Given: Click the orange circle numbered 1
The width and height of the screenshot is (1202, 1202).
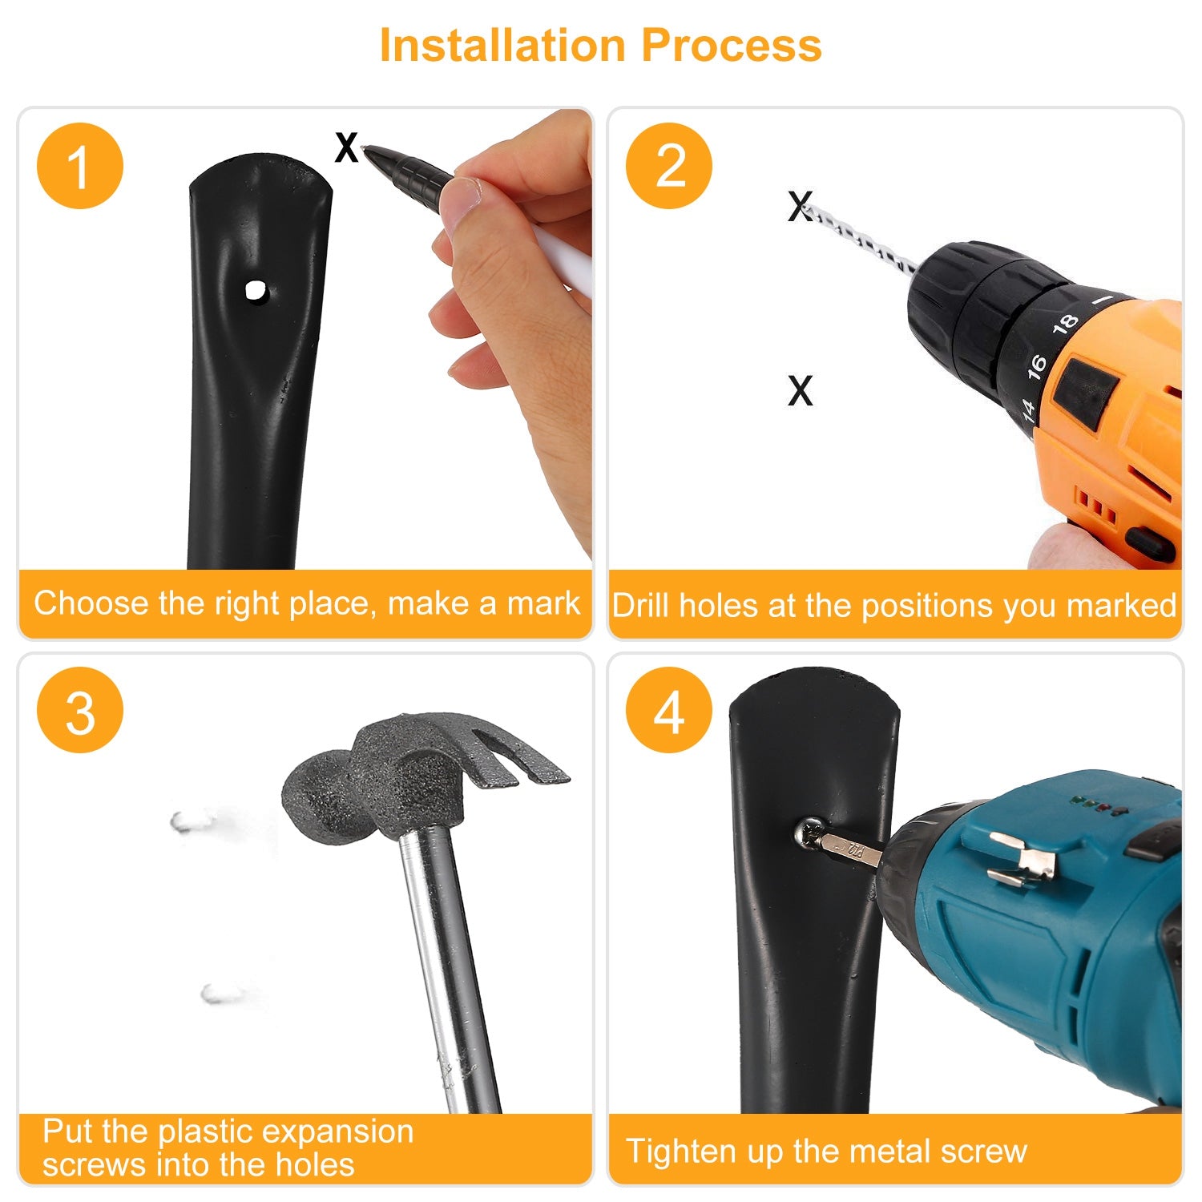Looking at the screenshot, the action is tap(80, 166).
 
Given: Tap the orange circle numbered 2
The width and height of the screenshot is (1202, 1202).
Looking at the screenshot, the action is tap(669, 166).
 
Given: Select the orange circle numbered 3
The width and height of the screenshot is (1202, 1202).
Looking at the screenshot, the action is tap(80, 710).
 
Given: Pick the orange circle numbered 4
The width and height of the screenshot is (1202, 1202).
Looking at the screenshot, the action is tap(669, 710).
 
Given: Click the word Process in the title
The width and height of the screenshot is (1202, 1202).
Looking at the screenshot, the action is tap(732, 45).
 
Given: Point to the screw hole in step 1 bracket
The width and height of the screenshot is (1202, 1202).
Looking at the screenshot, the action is tap(256, 291).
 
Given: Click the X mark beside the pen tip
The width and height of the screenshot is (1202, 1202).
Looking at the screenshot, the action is tap(346, 147).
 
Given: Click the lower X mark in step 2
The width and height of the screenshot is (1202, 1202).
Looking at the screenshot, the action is tap(801, 390).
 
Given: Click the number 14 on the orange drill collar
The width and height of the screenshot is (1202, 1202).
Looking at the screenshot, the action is tap(1028, 409).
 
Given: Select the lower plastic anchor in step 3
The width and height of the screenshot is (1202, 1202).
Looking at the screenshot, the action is tap(221, 994).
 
